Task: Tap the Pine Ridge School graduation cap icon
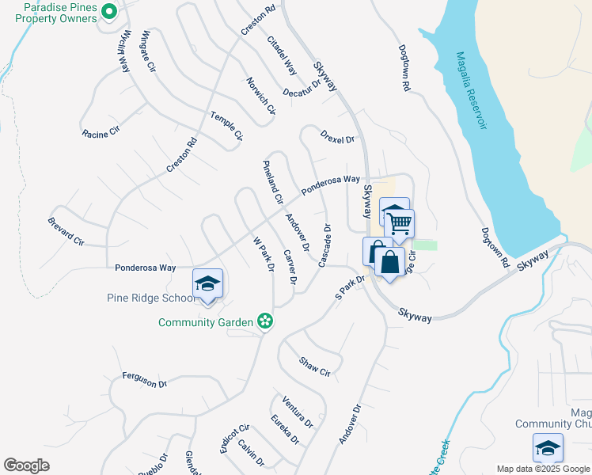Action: (207, 284)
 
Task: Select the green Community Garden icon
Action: (266, 321)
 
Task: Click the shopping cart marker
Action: (399, 223)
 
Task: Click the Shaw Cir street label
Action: (314, 366)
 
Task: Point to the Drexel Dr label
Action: (338, 135)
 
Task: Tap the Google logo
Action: (26, 465)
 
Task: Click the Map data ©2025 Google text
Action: (543, 469)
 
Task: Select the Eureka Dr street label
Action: (285, 429)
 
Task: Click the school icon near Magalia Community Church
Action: (548, 449)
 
